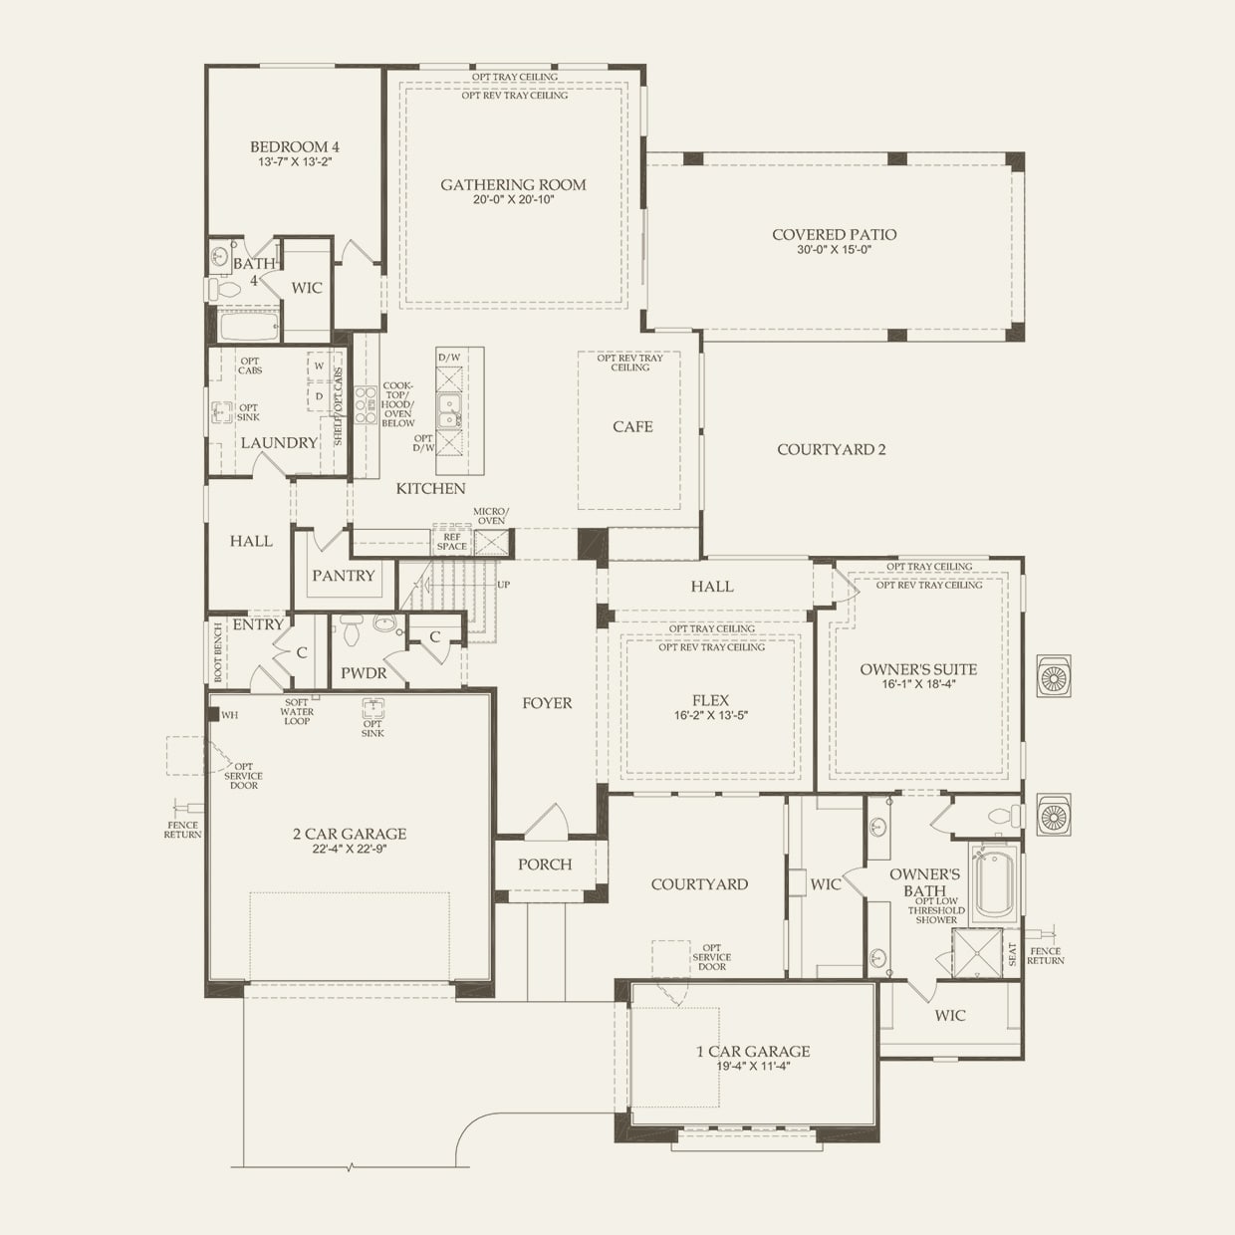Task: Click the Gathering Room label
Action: pos(513,184)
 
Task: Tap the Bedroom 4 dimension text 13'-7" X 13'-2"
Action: pos(295,162)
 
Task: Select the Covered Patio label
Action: pos(834,235)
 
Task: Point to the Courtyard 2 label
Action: pos(832,450)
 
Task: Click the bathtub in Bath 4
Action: pos(249,327)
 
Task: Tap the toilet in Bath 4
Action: pos(223,290)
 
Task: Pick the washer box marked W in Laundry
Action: pos(319,367)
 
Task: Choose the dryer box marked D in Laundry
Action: pos(319,396)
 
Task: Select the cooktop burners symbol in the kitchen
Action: pos(366,405)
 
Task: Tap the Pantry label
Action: pos(343,576)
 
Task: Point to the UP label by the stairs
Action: pos(504,585)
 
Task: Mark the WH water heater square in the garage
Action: pos(213,714)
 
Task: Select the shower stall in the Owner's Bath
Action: pos(977,953)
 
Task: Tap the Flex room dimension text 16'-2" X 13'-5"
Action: pos(711,715)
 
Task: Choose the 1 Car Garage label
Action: pos(753,1051)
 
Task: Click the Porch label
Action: pos(545,864)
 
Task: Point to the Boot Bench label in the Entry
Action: pos(218,651)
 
